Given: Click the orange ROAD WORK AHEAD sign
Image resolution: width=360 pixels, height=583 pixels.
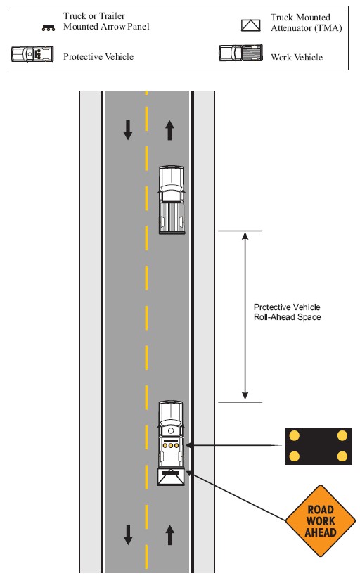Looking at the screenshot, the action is (x=320, y=520).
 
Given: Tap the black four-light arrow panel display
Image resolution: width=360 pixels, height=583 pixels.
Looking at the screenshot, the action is (x=319, y=446).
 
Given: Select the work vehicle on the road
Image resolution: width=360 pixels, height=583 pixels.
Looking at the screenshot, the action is (x=172, y=200).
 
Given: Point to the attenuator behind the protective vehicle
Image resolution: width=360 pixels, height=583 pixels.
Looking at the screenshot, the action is (x=171, y=477).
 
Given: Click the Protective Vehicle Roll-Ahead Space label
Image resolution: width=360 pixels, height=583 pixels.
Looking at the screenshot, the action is (x=287, y=312).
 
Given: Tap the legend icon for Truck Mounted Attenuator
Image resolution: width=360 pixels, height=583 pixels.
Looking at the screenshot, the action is (x=251, y=25).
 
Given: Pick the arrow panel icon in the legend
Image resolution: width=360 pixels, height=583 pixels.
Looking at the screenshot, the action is (x=49, y=28).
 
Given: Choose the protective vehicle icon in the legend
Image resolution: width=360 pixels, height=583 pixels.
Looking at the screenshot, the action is (x=32, y=54).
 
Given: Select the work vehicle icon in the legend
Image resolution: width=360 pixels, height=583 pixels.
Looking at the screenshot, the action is (x=240, y=53).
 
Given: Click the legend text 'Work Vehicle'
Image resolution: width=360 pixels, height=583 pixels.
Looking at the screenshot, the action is (x=297, y=57).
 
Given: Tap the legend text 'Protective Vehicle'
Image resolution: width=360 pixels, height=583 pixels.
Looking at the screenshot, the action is (x=98, y=56).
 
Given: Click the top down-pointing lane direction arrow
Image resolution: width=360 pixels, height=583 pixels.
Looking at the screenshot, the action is (x=128, y=130).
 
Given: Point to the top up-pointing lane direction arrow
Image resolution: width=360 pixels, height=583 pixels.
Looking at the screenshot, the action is (x=170, y=130).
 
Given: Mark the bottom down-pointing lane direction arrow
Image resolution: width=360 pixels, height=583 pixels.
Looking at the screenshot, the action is (x=128, y=534).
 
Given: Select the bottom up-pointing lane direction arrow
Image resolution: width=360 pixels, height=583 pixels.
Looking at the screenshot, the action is (x=170, y=534).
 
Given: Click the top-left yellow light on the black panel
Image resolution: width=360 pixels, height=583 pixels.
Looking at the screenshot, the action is (x=295, y=435).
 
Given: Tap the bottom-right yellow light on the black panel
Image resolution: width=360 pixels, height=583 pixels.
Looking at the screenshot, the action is (x=342, y=456).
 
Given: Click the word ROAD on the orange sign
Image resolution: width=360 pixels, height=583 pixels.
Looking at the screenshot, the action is (x=321, y=509).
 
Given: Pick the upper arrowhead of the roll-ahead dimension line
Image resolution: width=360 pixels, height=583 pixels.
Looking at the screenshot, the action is (x=245, y=236).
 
